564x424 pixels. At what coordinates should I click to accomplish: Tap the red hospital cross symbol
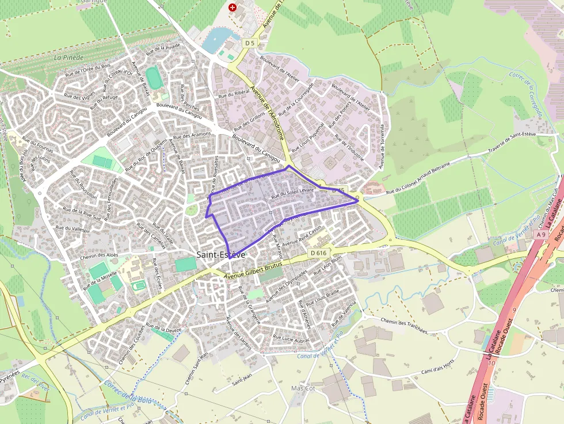click(x=232, y=7)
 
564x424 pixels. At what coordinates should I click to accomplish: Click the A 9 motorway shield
click(x=540, y=234)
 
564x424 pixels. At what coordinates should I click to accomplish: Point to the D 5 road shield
click(x=249, y=43)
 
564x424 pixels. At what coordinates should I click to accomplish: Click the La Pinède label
click(x=68, y=58)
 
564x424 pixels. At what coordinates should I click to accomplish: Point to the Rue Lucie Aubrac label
click(x=291, y=339)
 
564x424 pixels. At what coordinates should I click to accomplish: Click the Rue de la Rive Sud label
click(x=82, y=214)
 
